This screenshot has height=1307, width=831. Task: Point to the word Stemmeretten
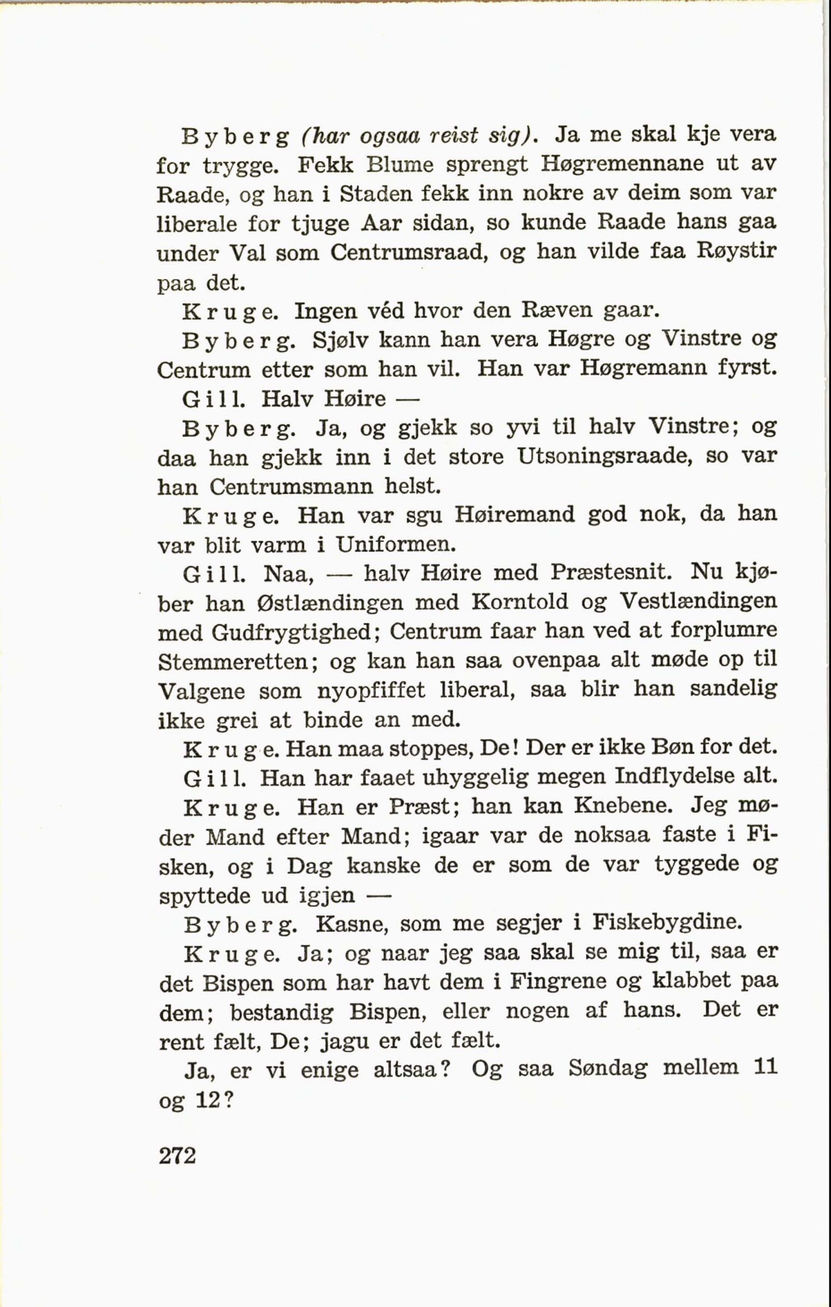(238, 662)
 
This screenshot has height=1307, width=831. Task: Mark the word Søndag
(607, 1069)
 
